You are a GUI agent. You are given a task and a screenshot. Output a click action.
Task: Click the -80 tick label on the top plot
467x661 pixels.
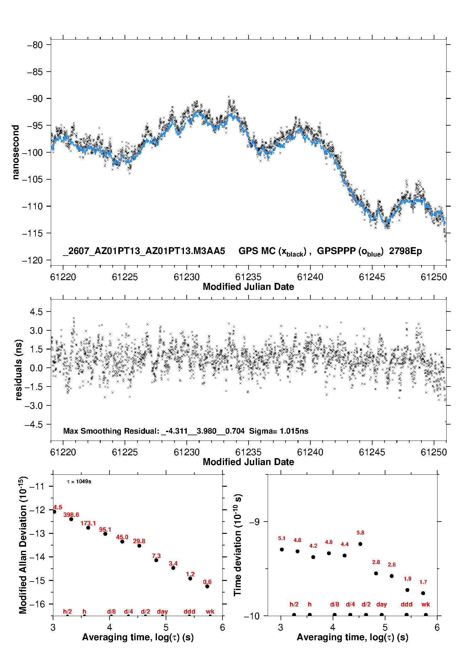coord(35,45)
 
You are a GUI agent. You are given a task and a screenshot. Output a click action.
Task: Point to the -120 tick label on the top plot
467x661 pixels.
coord(32,260)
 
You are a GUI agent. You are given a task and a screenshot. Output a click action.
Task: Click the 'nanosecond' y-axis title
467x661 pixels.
coord(15,152)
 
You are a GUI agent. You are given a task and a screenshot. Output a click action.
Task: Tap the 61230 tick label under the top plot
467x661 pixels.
coord(186,277)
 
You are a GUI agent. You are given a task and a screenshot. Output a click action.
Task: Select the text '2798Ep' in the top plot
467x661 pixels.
coord(405,251)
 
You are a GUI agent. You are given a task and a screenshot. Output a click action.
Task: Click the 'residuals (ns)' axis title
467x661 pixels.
coord(19,370)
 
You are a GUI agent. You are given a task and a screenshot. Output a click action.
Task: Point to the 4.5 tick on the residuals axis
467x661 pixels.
coord(36,312)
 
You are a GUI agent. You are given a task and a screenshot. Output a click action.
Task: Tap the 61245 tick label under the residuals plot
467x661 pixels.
coord(372,452)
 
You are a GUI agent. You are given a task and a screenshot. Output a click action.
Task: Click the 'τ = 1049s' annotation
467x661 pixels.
coord(79,482)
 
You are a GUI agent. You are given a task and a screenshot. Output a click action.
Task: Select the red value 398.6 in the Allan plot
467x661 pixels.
coord(71,515)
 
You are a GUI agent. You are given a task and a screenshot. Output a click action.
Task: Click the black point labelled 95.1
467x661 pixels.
coord(105,534)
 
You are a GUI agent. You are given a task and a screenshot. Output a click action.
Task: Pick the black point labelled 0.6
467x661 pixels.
coord(207,586)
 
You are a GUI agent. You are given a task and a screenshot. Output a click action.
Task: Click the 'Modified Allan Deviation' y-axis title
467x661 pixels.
coord(23,545)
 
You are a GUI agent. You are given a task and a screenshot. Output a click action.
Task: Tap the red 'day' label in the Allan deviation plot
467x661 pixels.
coord(162,611)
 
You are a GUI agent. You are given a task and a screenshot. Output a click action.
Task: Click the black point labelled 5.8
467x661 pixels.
coord(360,544)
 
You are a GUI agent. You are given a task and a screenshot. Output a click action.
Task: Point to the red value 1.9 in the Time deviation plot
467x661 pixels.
coord(407,579)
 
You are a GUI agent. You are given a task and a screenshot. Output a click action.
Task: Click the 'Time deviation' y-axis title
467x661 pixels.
coord(238,545)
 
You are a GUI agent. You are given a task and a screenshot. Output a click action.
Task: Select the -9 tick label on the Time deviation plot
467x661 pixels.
coord(254,522)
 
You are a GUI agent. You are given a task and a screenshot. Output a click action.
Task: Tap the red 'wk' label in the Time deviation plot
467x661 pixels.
coord(426,604)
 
